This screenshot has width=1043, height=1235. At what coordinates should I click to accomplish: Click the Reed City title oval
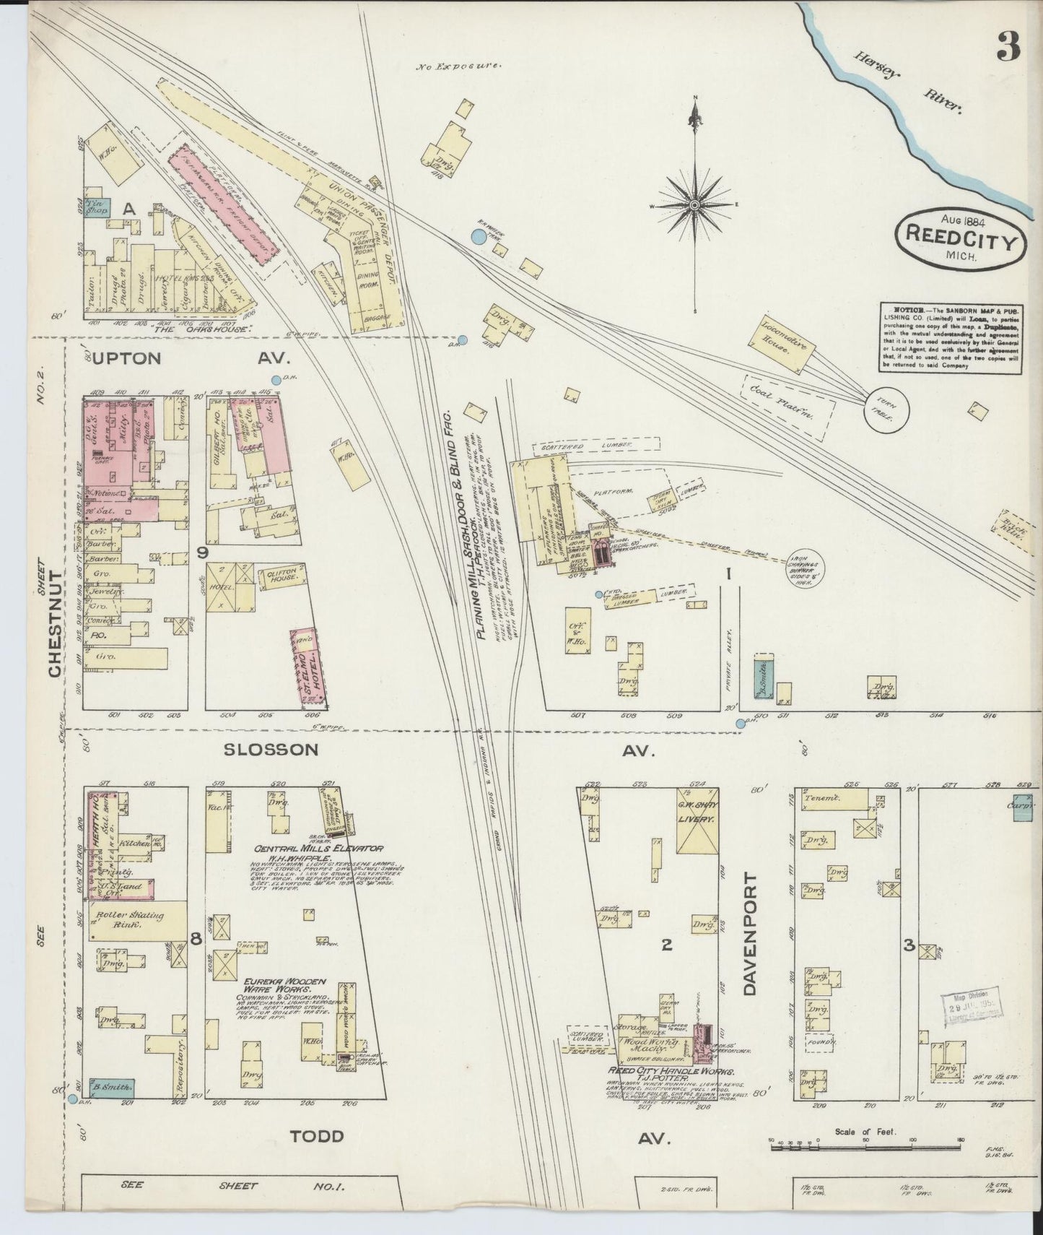pyautogui.click(x=960, y=238)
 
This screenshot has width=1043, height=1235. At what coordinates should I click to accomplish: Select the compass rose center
pyautogui.click(x=694, y=206)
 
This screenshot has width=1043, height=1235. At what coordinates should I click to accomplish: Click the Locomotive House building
pyautogui.click(x=787, y=344)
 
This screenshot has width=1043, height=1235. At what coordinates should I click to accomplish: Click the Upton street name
pyautogui.click(x=127, y=358)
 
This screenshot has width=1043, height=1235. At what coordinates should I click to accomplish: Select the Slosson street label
pyautogui.click(x=271, y=750)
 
